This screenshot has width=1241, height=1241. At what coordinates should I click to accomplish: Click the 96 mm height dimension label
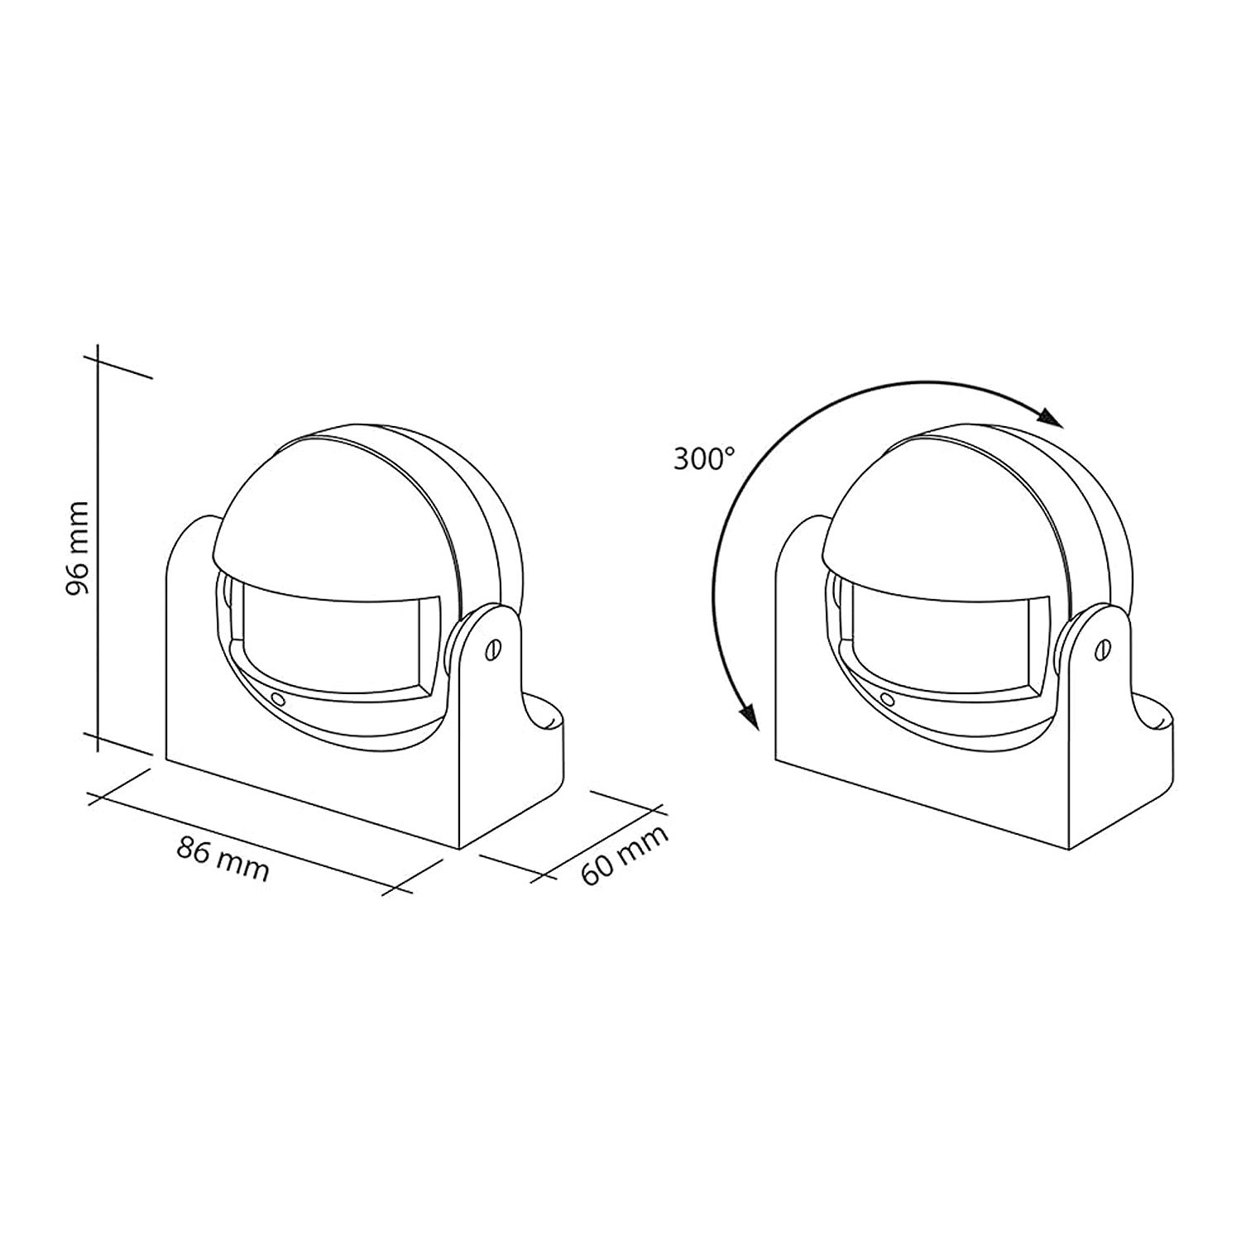coord(78,548)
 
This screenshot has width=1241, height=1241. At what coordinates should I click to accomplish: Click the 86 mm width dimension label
coord(223,858)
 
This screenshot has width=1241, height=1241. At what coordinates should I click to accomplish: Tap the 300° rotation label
coord(703,459)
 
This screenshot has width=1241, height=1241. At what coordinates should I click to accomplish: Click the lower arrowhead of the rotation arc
coord(750,715)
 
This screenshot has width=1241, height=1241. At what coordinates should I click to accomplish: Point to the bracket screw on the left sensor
coord(495,649)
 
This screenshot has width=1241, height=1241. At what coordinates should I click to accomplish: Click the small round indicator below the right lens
coord(886,699)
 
